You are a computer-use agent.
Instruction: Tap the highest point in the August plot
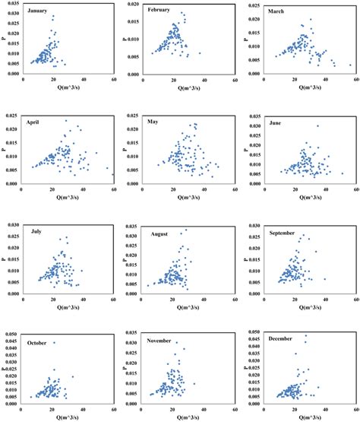pyautogui.click(x=185, y=230)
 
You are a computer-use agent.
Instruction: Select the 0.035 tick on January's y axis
pyautogui.click(x=12, y=5)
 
